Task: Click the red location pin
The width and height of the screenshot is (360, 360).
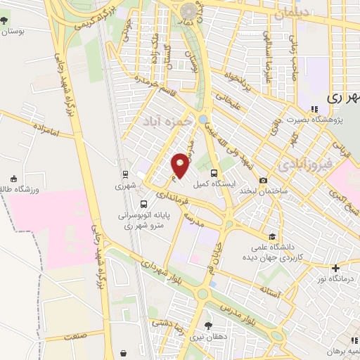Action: pyautogui.click(x=181, y=165)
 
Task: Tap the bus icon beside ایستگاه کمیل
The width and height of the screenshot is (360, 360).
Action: pyautogui.click(x=213, y=172)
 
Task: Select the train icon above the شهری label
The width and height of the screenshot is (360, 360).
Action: pyautogui.click(x=125, y=174)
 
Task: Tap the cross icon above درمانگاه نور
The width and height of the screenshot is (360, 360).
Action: pyautogui.click(x=335, y=267)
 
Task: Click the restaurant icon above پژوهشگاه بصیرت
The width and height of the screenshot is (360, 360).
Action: pyautogui.click(x=314, y=109)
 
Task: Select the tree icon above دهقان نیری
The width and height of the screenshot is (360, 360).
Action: pyautogui.click(x=207, y=325)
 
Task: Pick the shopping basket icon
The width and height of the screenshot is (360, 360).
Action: pyautogui.click(x=124, y=352)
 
